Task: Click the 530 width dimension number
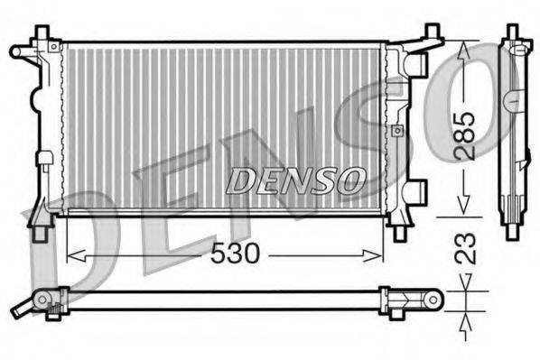[x=234, y=254]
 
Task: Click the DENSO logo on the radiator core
[x=294, y=180]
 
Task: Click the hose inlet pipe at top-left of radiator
[x=22, y=51]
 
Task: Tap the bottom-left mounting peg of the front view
[x=42, y=232]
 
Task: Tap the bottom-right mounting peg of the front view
[x=399, y=232]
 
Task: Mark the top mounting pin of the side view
[x=512, y=32]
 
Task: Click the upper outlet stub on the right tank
[x=416, y=64]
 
